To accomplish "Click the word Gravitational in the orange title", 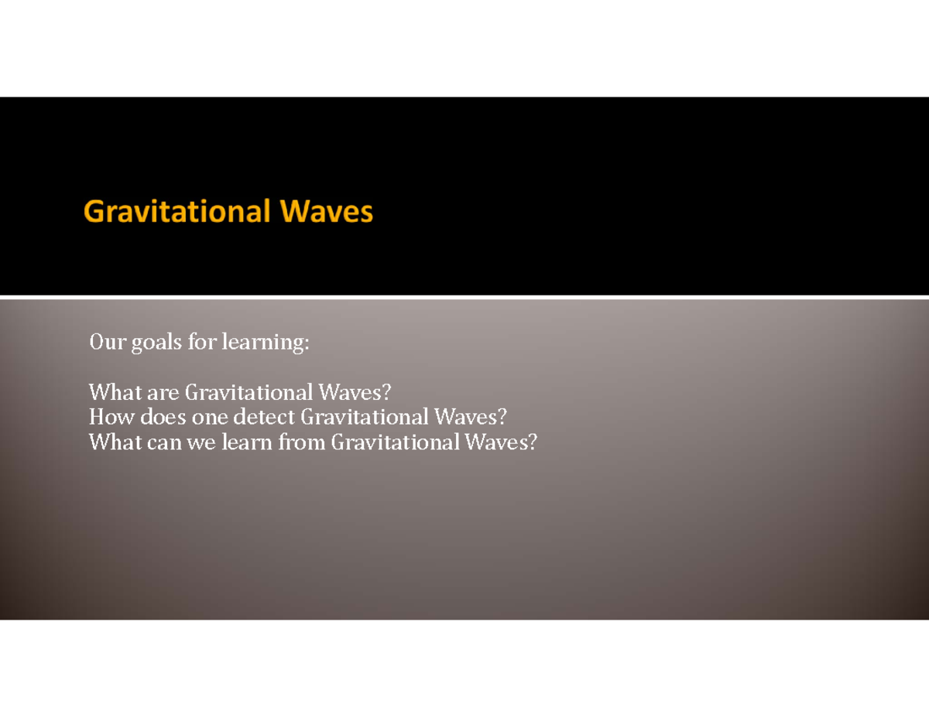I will coord(178,211).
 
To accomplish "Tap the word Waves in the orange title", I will coord(327,211).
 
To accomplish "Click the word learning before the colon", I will coord(264,342).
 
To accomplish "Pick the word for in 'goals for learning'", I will coord(201,341).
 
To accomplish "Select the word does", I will coord(159,418).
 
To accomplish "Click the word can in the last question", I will coord(165,442).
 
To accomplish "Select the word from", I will coord(301,442).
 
